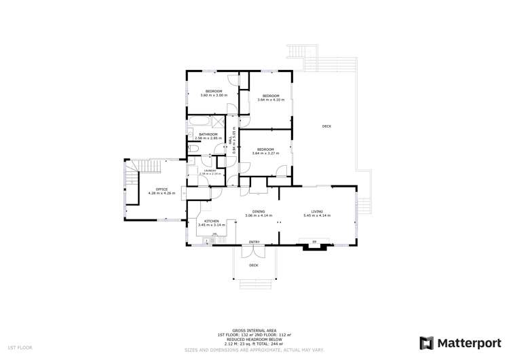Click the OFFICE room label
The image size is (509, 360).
click(162, 189)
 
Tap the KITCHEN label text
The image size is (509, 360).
click(212, 221)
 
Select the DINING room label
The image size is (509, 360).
click(259, 211)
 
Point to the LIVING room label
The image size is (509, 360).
click(317, 211)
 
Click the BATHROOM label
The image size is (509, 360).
click(208, 134)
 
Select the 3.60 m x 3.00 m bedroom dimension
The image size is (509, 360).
click(214, 95)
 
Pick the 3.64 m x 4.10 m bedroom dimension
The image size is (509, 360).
click(271, 100)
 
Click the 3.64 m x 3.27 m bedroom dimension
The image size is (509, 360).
click(265, 154)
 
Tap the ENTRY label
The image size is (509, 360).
click(254, 242)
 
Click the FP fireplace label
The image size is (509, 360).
click(314, 242)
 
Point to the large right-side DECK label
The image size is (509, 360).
click(326, 126)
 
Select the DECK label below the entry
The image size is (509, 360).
click(254, 265)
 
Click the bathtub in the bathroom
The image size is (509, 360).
click(200, 123)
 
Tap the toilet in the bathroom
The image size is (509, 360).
click(193, 148)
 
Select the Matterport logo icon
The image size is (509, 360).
click(427, 343)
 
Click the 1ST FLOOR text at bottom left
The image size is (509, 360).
click(16, 348)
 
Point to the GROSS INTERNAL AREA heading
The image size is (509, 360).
click(254, 328)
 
